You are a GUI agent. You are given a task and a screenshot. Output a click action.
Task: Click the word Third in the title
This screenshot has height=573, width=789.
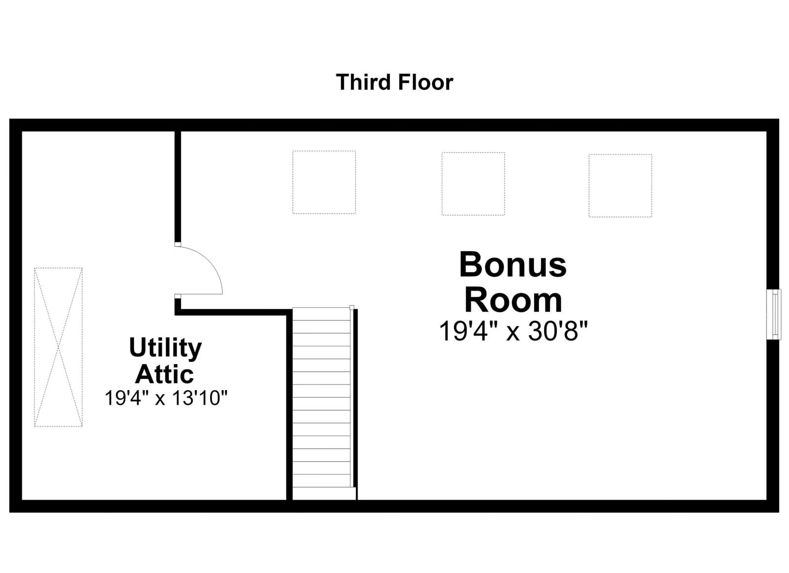(363, 82)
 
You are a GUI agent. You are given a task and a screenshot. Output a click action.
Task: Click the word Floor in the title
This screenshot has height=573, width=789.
(426, 82)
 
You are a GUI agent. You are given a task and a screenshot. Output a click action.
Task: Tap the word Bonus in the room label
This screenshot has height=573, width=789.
(513, 264)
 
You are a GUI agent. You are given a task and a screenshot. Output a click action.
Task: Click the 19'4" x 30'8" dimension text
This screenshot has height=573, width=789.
(513, 331)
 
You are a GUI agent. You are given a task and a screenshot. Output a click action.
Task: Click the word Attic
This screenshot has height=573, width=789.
(165, 374)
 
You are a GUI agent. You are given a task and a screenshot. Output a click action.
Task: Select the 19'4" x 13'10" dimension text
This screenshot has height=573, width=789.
(166, 398)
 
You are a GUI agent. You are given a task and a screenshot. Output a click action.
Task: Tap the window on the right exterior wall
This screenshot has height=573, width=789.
(774, 314)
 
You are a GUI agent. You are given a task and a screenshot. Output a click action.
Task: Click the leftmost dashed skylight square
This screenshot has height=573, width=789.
(324, 182)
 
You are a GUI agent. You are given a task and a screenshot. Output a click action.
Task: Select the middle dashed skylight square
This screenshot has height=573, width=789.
(473, 184)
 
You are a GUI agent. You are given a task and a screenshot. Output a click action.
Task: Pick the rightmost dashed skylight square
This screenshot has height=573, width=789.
(620, 185)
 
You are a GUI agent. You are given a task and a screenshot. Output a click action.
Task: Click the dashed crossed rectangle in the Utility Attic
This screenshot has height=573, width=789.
(58, 347)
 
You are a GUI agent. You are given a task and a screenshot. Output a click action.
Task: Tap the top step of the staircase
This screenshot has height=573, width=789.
(321, 314)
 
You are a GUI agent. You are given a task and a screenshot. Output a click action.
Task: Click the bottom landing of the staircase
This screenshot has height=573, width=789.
(324, 493)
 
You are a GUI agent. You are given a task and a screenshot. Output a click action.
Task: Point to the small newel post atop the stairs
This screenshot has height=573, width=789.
(352, 307)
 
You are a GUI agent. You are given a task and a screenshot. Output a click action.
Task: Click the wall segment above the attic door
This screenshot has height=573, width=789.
(178, 187)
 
